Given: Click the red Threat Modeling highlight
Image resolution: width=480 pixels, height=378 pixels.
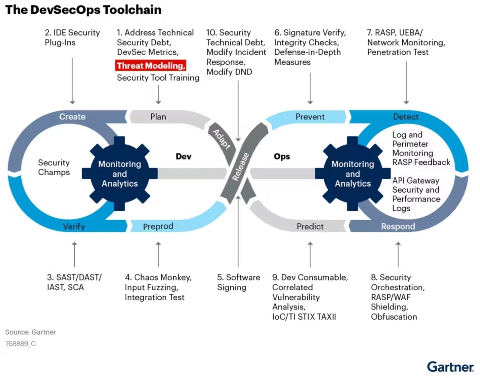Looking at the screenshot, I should tap(150, 65).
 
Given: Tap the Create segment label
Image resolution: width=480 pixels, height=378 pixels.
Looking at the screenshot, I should tap(72, 117).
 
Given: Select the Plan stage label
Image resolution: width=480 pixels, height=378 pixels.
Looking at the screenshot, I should tap(158, 117).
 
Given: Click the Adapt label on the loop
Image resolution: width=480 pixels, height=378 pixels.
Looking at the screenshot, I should tap(221, 139).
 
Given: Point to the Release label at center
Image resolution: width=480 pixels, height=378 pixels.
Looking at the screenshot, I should tap(241, 167).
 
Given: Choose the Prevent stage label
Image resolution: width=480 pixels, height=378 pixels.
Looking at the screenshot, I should tap(310, 117).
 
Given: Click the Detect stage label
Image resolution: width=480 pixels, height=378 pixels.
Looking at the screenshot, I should tap(405, 117).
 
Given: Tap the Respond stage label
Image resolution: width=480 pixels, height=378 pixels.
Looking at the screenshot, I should tap(398, 226).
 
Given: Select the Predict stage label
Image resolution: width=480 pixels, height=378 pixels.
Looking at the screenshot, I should tap(310, 226).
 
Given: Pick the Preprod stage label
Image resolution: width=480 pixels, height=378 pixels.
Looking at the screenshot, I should tap(158, 226).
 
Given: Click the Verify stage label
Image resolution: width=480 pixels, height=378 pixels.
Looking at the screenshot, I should tap(74, 226).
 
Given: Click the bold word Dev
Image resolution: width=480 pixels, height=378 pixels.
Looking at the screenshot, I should tap(183, 156).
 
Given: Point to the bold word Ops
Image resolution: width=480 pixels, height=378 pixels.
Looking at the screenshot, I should tap(282, 156).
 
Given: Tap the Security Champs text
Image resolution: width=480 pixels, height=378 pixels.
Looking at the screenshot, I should tap(54, 167).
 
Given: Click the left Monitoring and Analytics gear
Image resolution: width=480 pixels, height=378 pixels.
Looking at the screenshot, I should tap(119, 174).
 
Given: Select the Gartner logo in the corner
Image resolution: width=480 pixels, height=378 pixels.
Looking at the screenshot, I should tap(450, 367).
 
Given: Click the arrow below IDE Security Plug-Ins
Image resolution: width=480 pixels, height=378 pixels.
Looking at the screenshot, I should tap(72, 81).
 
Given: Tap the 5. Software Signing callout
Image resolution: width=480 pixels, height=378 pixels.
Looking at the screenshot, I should tap(238, 282).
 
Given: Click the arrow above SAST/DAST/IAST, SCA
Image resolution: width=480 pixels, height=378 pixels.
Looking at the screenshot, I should tap(74, 254).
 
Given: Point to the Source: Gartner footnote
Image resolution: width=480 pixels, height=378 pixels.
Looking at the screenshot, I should tap(30, 332).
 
